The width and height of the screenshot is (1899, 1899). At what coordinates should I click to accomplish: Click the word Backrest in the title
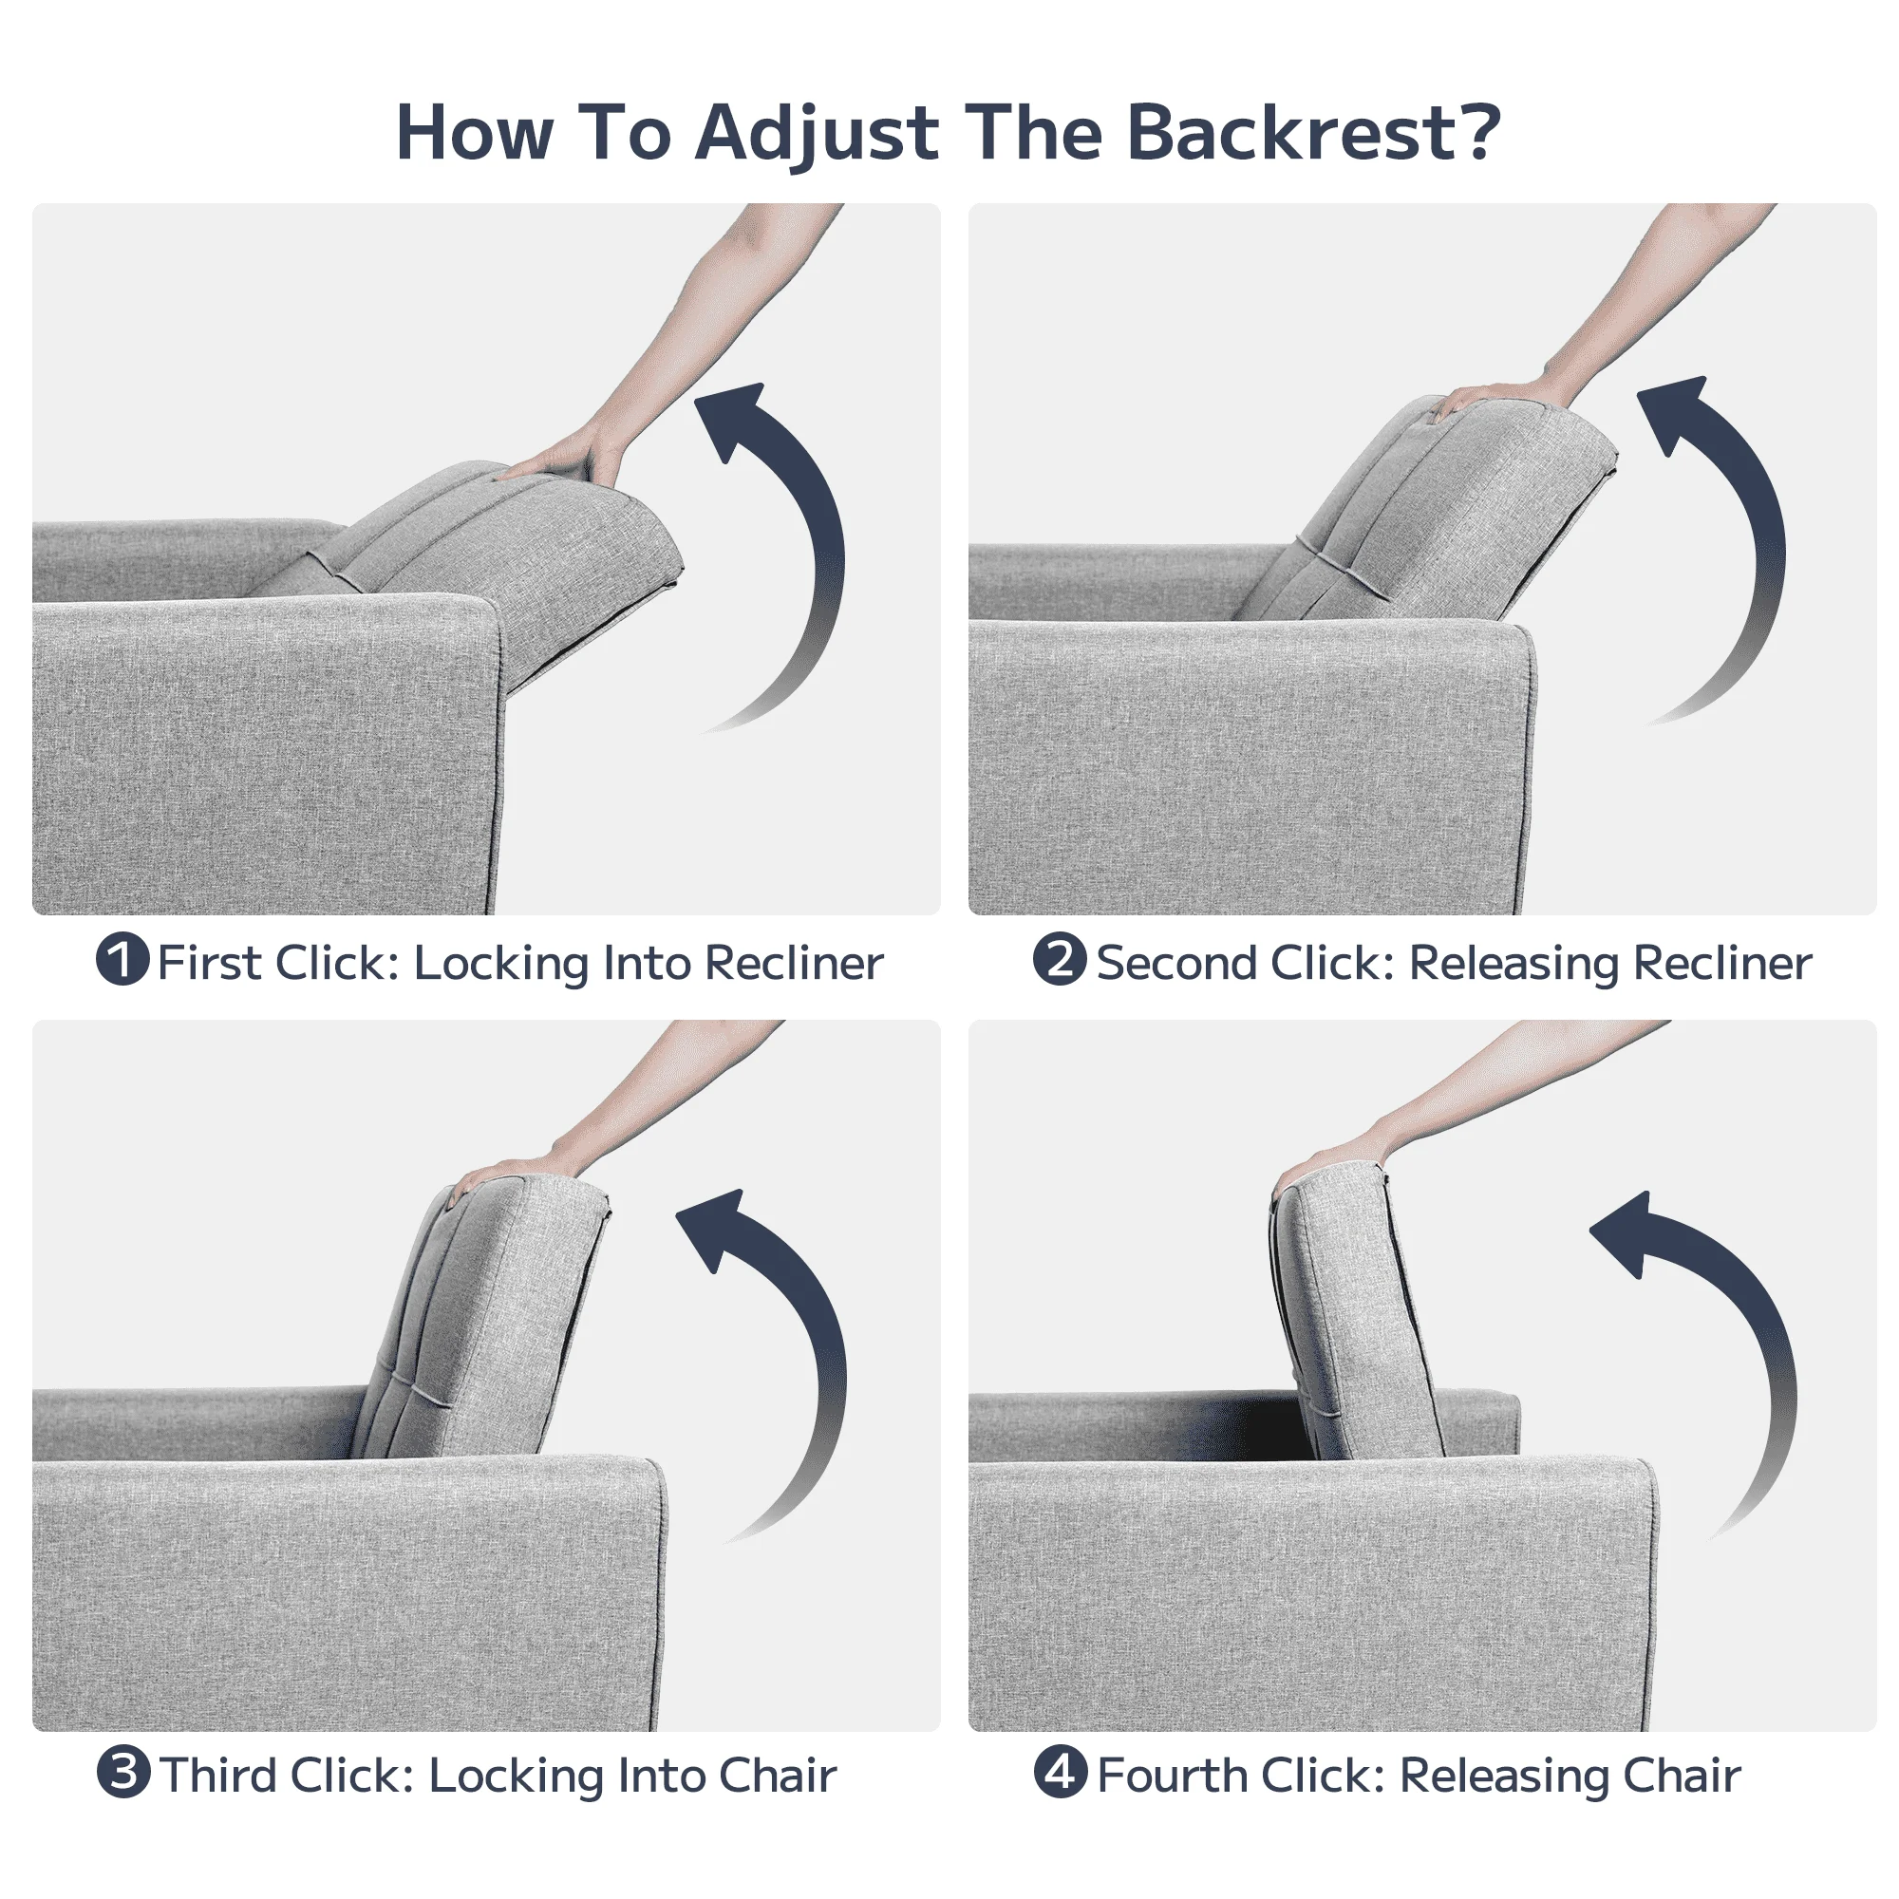1314,132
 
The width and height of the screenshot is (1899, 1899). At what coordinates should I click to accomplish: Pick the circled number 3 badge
122,1772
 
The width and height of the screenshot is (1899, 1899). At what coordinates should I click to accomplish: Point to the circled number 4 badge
1061,1772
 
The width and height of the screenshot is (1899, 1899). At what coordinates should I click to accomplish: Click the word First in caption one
208,962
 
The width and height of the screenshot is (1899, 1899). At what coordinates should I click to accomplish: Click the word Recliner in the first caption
794,962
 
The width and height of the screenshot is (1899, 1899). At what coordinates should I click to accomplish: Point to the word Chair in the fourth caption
1682,1776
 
